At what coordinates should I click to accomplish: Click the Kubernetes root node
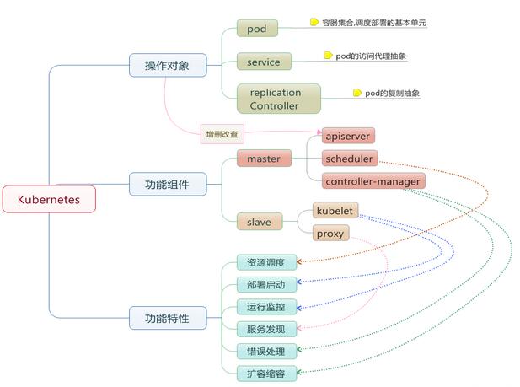pos(49,199)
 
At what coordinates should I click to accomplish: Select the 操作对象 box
pos(167,65)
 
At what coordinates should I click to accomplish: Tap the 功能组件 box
pos(167,183)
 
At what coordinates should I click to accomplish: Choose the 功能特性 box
pos(167,318)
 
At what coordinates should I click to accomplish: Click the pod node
pos(257,29)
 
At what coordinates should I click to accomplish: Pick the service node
pos(264,62)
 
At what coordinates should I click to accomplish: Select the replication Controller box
pos(274,99)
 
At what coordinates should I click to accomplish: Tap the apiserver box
pos(347,136)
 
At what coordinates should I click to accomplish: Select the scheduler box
pos(350,158)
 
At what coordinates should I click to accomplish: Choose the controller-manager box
pos(373,180)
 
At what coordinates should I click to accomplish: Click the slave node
pos(258,222)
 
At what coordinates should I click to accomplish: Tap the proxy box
pos(330,233)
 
